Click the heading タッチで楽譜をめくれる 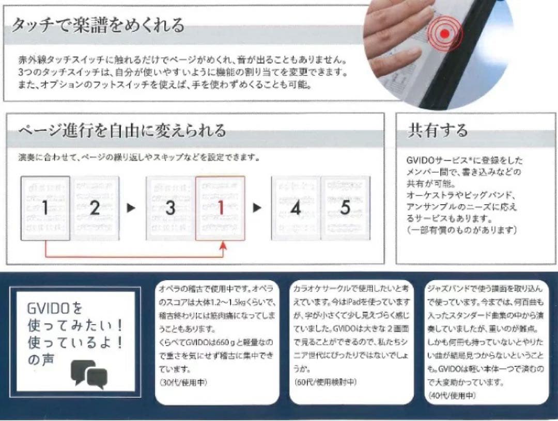98,24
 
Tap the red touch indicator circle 444,34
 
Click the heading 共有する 438,130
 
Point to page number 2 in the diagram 94,208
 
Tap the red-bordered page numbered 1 220,208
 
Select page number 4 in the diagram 296,208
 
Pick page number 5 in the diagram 345,208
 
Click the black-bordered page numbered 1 45,208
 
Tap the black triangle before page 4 257,208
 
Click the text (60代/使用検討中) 325,382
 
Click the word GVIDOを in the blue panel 54,310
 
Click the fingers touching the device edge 393,41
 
